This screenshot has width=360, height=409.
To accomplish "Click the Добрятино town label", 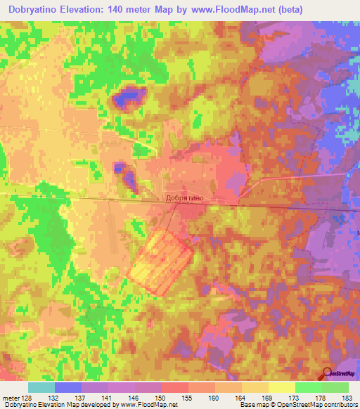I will coord(185,199).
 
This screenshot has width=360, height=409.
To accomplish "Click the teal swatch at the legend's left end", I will coord(41,387).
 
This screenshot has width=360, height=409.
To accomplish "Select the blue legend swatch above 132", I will coord(68,387).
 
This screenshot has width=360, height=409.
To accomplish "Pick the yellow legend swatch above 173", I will coord(282,387).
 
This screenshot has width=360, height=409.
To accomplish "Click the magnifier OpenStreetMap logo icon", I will coord(328,374).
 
